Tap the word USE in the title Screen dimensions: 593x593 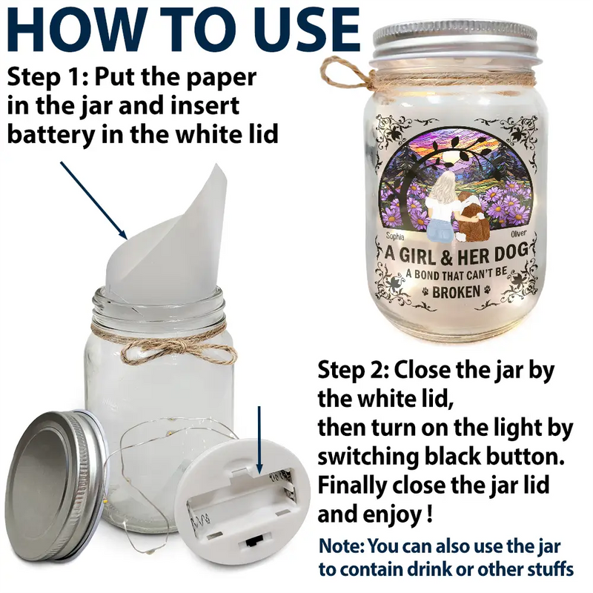[306, 30]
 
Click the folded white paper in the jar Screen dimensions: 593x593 [166, 234]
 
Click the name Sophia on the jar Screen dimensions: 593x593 [395, 236]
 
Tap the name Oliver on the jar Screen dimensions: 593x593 [518, 233]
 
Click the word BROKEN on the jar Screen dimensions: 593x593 [456, 292]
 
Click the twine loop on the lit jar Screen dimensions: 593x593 [342, 73]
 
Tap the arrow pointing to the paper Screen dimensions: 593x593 [94, 200]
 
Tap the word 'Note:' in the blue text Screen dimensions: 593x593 [342, 546]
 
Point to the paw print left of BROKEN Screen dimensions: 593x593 [425, 291]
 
